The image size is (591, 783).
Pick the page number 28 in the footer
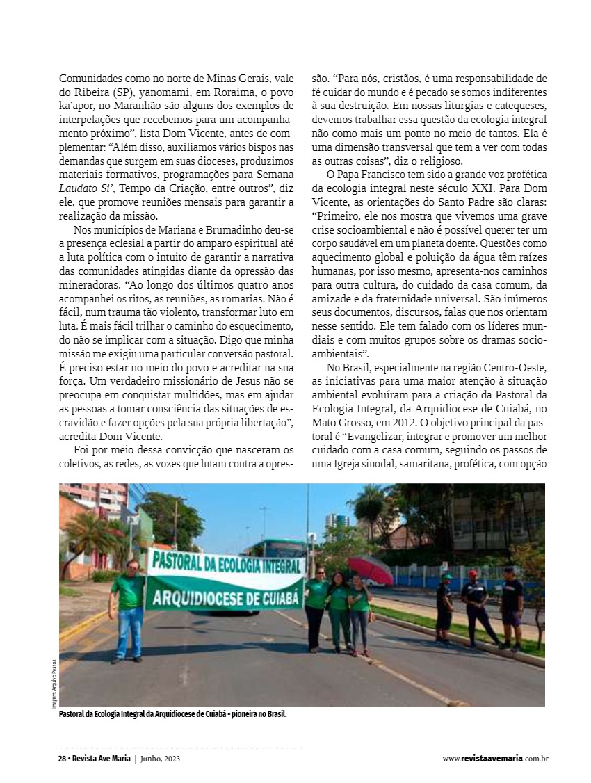pos(62,759)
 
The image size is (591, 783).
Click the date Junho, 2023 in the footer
pos(165,759)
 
